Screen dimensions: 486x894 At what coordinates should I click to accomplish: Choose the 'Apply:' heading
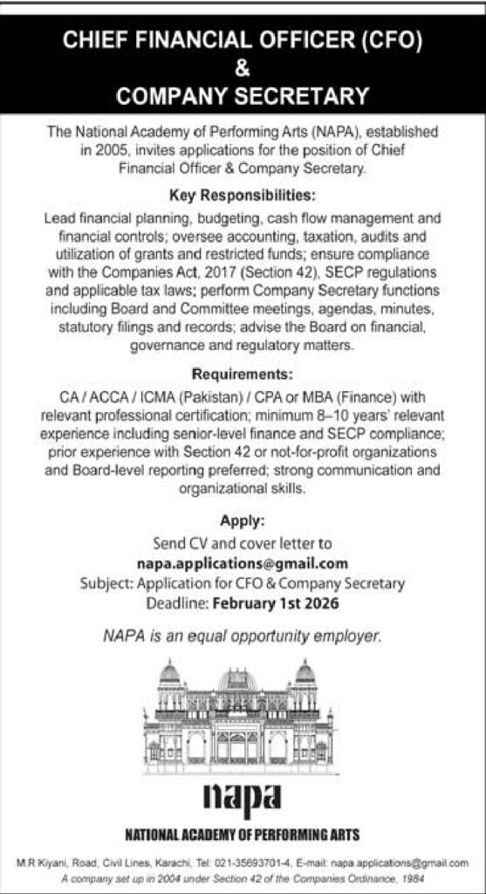point(243,524)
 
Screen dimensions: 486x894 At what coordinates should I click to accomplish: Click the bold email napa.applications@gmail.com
point(243,563)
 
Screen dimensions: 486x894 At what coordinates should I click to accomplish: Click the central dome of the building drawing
point(236,680)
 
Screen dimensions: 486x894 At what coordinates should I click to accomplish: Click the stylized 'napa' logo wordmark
point(243,796)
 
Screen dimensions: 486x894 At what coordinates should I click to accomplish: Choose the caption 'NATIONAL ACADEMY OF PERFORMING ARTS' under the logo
point(243,832)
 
